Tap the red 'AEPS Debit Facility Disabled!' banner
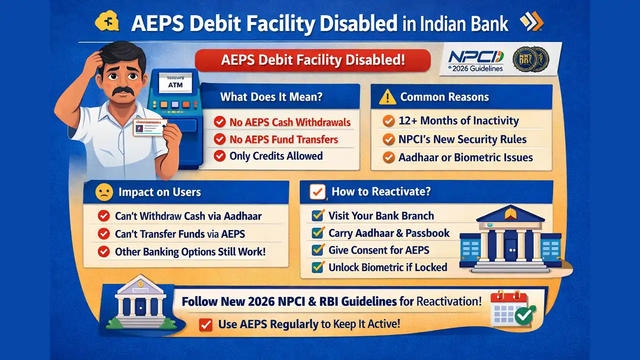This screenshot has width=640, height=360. (313, 60)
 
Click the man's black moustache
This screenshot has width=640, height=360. (123, 91)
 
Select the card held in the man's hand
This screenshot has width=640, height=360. (149, 127)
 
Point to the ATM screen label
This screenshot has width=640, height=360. (176, 84)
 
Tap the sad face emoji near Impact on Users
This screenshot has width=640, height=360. (103, 192)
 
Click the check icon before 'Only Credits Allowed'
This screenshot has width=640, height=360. (219, 156)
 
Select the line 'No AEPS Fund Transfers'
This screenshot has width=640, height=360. (283, 139)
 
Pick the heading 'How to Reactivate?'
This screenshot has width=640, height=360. (381, 191)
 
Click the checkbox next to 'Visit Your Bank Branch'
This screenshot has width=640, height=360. (317, 215)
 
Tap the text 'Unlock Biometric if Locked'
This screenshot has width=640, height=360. (387, 267)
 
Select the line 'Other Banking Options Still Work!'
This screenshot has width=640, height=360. (190, 251)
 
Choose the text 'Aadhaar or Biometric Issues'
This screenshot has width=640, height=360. (465, 157)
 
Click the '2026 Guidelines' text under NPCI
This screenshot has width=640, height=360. (475, 68)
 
